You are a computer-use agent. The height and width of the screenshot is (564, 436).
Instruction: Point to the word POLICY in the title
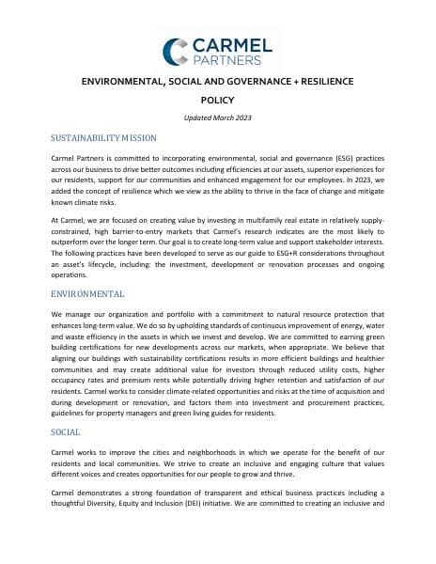click(218, 100)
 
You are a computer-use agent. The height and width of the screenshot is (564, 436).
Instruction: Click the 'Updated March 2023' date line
click(218, 117)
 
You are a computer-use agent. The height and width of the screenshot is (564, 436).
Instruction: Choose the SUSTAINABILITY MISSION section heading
click(103, 138)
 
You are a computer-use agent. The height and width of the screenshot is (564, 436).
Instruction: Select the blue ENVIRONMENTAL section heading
click(87, 294)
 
